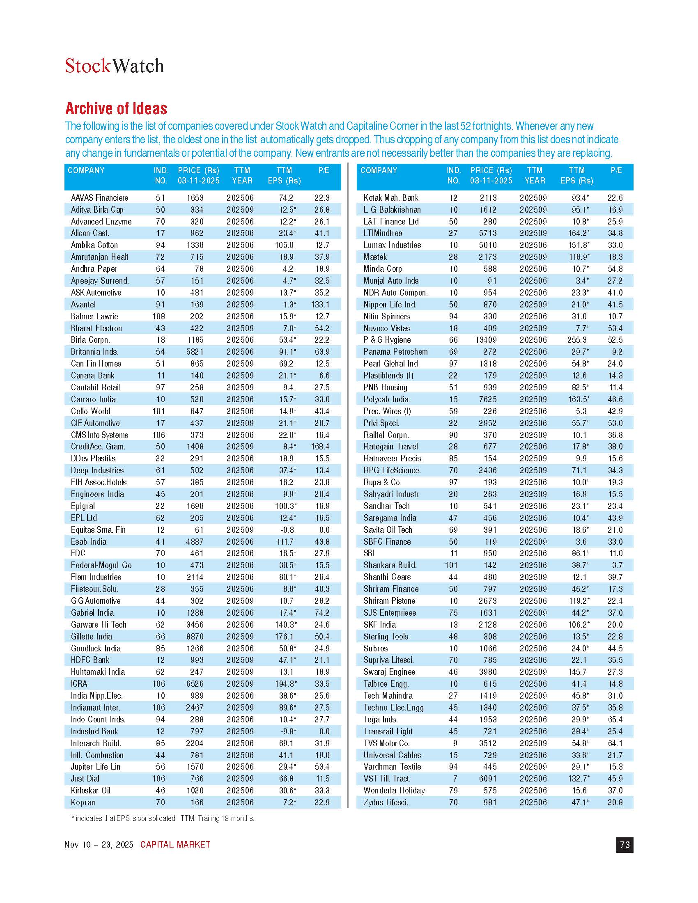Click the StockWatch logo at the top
click(x=115, y=66)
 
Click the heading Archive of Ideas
click(x=116, y=108)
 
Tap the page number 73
click(x=625, y=844)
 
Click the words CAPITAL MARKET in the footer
click(x=175, y=844)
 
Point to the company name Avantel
click(x=83, y=305)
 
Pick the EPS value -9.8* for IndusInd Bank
click(x=287, y=731)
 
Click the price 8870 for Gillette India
click(x=195, y=636)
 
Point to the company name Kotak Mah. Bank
click(x=391, y=198)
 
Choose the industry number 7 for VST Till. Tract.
click(x=455, y=779)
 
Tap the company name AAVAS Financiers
click(x=100, y=198)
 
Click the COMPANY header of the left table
click(x=86, y=170)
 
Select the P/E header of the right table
click(x=616, y=170)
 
